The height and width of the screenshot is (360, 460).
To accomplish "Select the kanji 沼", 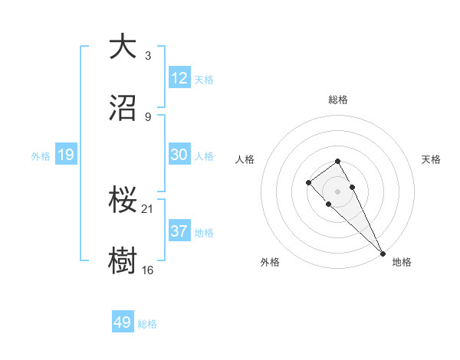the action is coord(123,108).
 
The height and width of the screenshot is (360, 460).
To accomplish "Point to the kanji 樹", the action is coord(123,260).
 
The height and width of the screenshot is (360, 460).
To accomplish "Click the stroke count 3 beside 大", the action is coord(147,55).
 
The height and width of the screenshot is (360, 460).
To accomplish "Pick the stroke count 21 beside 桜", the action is coord(148,208).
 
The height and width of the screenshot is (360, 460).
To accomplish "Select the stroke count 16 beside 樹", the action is coord(148,270).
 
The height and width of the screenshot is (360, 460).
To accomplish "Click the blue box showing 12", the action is coord(179,78).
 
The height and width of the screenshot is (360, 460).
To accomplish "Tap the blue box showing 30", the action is coord(179,155).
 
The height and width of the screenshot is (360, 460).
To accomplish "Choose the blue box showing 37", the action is coord(179,231).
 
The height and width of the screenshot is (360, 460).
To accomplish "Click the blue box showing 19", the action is coord(66,155).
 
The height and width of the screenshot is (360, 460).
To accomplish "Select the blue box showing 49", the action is coord(123,323).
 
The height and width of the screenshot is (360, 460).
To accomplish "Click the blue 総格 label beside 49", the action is coord(147,324).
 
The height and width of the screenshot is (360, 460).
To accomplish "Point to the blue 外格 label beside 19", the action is coord(41,156).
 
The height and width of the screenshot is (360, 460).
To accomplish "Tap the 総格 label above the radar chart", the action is coord(338,100).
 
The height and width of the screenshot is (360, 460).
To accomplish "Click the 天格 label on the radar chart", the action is coord(431,159).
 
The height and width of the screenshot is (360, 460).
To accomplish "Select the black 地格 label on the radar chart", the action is coord(402,262).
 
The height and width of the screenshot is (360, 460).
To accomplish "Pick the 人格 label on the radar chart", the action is coord(245,159).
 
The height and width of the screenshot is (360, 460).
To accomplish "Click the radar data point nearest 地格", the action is coord(383,253).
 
